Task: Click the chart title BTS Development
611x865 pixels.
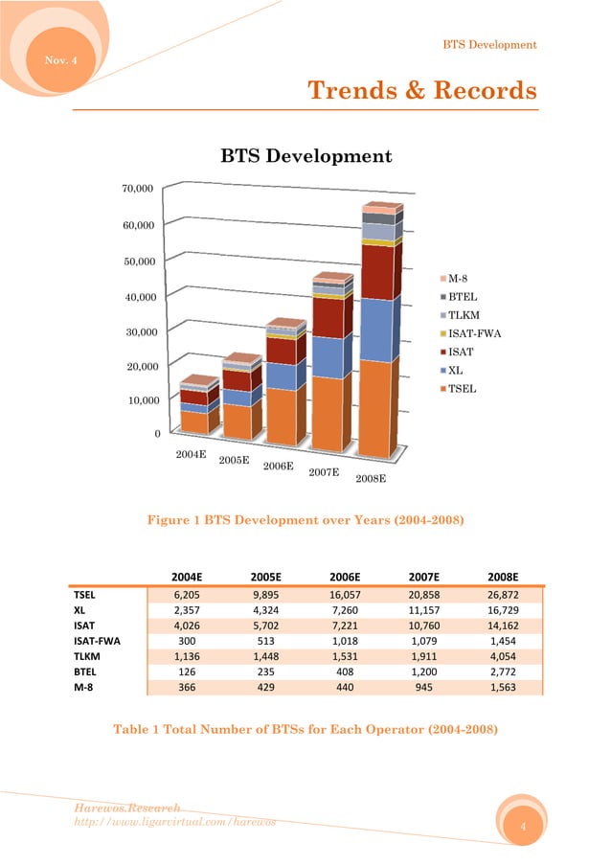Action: pyautogui.click(x=305, y=155)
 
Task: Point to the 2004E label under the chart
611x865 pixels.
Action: pyautogui.click(x=192, y=454)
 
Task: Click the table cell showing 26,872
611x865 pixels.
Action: pyautogui.click(x=502, y=594)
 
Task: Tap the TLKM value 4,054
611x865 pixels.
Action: pyautogui.click(x=502, y=657)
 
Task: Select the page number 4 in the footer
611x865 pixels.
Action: pyautogui.click(x=523, y=826)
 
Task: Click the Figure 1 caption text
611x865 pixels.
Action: pyautogui.click(x=305, y=520)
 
